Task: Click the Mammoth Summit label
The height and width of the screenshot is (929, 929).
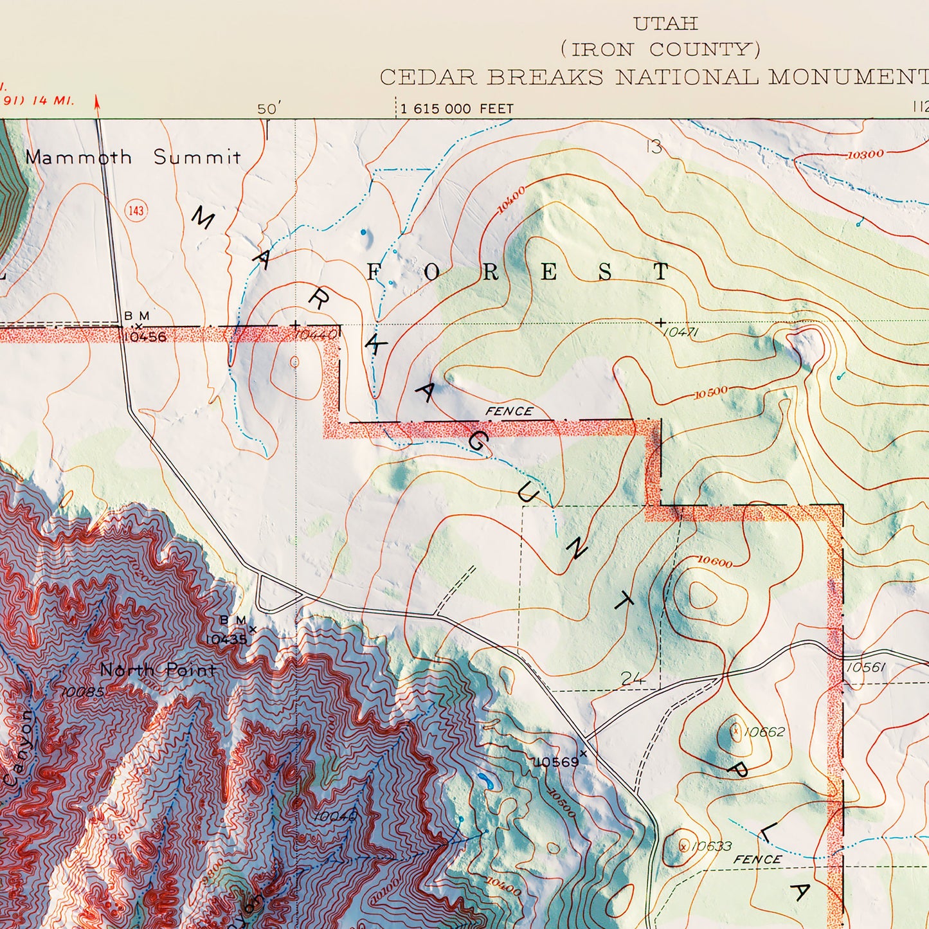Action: tap(133, 157)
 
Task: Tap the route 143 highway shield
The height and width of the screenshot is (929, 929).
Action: tap(136, 210)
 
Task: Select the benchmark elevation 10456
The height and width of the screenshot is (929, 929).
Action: tap(145, 336)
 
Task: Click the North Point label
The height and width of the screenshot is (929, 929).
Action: tap(158, 670)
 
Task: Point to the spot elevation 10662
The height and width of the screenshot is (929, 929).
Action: tap(764, 732)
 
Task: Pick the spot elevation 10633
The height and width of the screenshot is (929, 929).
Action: tap(711, 846)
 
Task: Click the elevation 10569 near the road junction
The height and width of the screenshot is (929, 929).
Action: tap(556, 762)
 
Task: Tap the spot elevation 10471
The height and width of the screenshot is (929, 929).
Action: tap(680, 332)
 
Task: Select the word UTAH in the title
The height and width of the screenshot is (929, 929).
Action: tap(665, 24)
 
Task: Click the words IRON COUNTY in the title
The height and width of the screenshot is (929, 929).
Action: tap(661, 50)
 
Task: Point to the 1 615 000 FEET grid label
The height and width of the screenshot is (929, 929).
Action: tap(456, 109)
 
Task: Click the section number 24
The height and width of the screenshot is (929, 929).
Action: tap(633, 678)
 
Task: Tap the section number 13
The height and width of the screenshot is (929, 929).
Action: tap(654, 147)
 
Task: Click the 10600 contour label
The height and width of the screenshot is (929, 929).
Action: tap(714, 562)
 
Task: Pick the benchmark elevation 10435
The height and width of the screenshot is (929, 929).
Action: tap(226, 639)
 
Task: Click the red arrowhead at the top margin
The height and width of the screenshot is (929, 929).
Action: tap(97, 102)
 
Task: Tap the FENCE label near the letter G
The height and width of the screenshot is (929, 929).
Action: tap(509, 411)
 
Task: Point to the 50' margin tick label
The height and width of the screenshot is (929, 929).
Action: tap(267, 109)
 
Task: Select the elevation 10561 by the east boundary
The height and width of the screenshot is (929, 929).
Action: tap(866, 667)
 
